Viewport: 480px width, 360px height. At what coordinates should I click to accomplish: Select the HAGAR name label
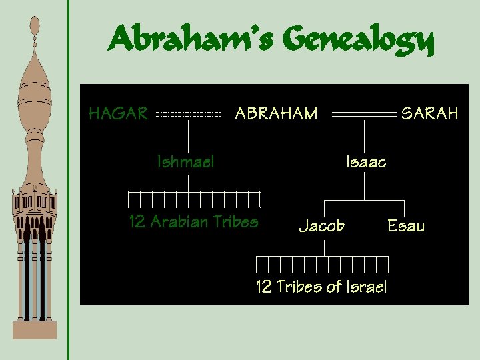118,113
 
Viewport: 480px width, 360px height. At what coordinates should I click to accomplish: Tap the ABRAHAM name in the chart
276,113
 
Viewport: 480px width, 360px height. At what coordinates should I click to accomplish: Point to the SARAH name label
429,113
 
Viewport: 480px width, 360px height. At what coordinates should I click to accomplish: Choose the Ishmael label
185,161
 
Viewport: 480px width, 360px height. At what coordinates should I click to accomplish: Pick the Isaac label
365,161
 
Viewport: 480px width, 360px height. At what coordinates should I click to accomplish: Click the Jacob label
321,226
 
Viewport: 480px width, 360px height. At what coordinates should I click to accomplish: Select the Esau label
405,226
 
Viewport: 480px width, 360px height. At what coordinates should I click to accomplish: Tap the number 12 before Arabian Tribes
137,222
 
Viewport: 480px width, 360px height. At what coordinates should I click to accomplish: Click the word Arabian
179,222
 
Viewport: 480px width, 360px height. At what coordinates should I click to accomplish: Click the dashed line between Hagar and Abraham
188,115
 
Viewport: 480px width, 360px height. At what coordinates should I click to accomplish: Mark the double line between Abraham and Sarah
364,115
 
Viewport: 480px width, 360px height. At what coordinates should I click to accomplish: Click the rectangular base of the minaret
35,329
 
